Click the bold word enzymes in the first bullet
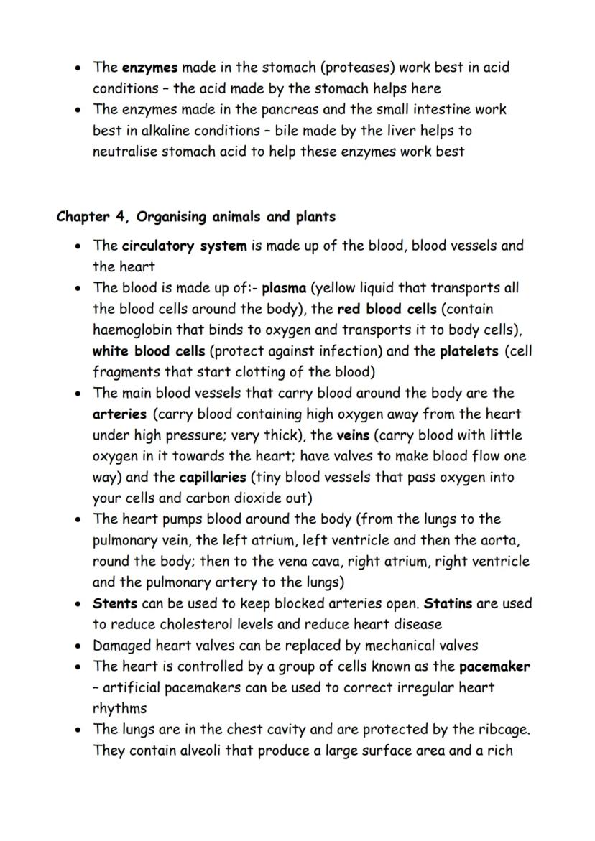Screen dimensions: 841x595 tap(149, 68)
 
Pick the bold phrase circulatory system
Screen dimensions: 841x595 tap(184, 246)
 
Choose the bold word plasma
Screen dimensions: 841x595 tap(285, 288)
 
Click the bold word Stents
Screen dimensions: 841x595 tap(115, 603)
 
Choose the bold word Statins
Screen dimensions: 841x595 tap(448, 603)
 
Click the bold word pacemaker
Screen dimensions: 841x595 tap(494, 666)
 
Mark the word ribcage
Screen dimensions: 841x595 tap(502, 730)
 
